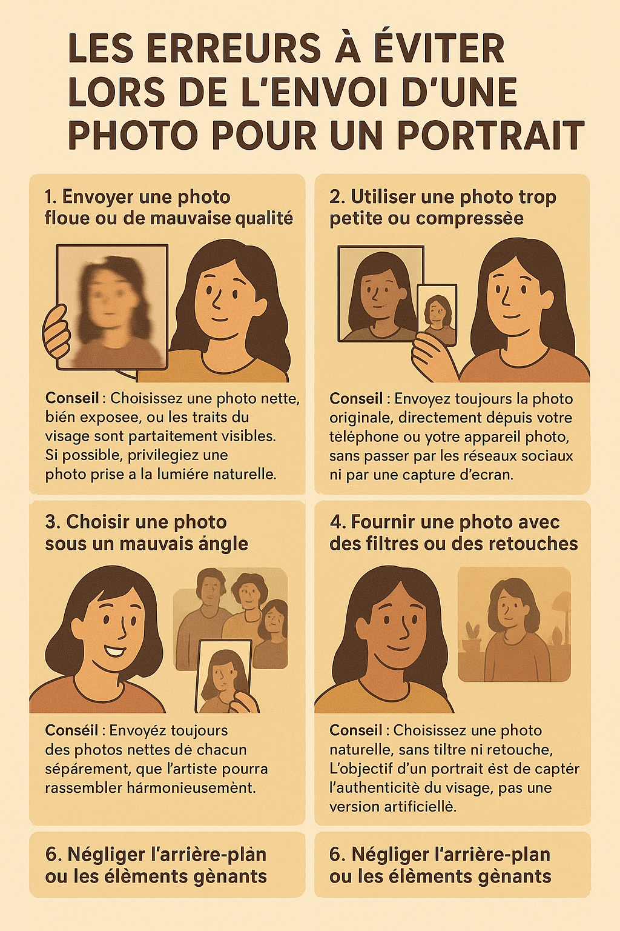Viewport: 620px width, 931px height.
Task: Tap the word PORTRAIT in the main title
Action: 490,135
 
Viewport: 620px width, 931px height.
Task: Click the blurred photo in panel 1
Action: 112,306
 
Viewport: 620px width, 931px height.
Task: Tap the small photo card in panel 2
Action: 437,315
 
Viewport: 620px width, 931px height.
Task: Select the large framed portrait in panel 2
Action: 380,294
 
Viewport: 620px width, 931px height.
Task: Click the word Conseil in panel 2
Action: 356,399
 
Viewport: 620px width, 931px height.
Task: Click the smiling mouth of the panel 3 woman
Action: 113,652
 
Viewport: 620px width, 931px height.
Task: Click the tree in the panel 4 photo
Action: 561,612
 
